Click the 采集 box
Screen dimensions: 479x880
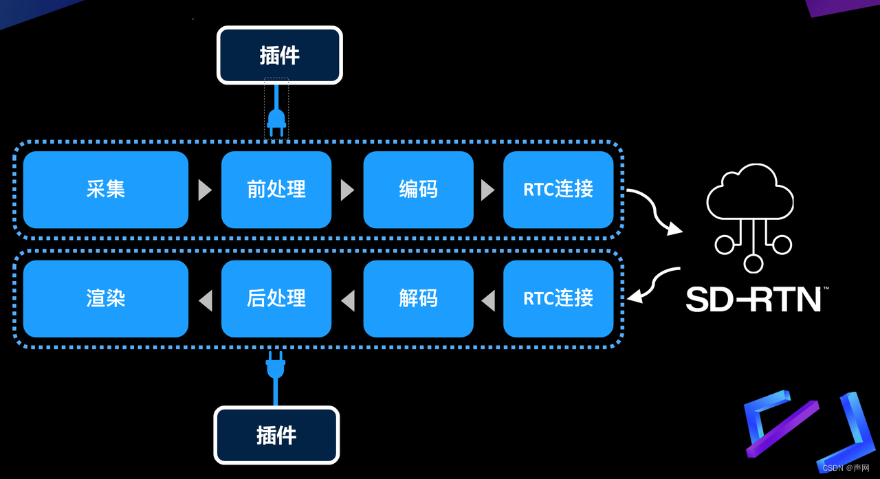[106, 190]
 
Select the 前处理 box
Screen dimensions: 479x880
[276, 190]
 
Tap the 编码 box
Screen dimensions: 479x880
[418, 190]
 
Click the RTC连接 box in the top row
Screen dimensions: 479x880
[558, 190]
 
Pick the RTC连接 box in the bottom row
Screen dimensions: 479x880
[558, 298]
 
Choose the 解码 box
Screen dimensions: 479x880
[418, 298]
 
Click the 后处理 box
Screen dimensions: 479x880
[276, 298]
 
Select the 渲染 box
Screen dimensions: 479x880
[106, 298]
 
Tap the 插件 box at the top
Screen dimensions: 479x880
[280, 55]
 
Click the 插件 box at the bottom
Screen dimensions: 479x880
[276, 435]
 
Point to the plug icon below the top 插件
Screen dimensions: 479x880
[276, 120]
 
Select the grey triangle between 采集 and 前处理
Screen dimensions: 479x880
[205, 190]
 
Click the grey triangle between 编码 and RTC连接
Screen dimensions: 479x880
[487, 190]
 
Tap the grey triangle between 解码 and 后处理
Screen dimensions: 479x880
[349, 300]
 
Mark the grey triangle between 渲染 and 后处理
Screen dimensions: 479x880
[205, 300]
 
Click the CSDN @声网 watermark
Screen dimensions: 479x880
[846, 468]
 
